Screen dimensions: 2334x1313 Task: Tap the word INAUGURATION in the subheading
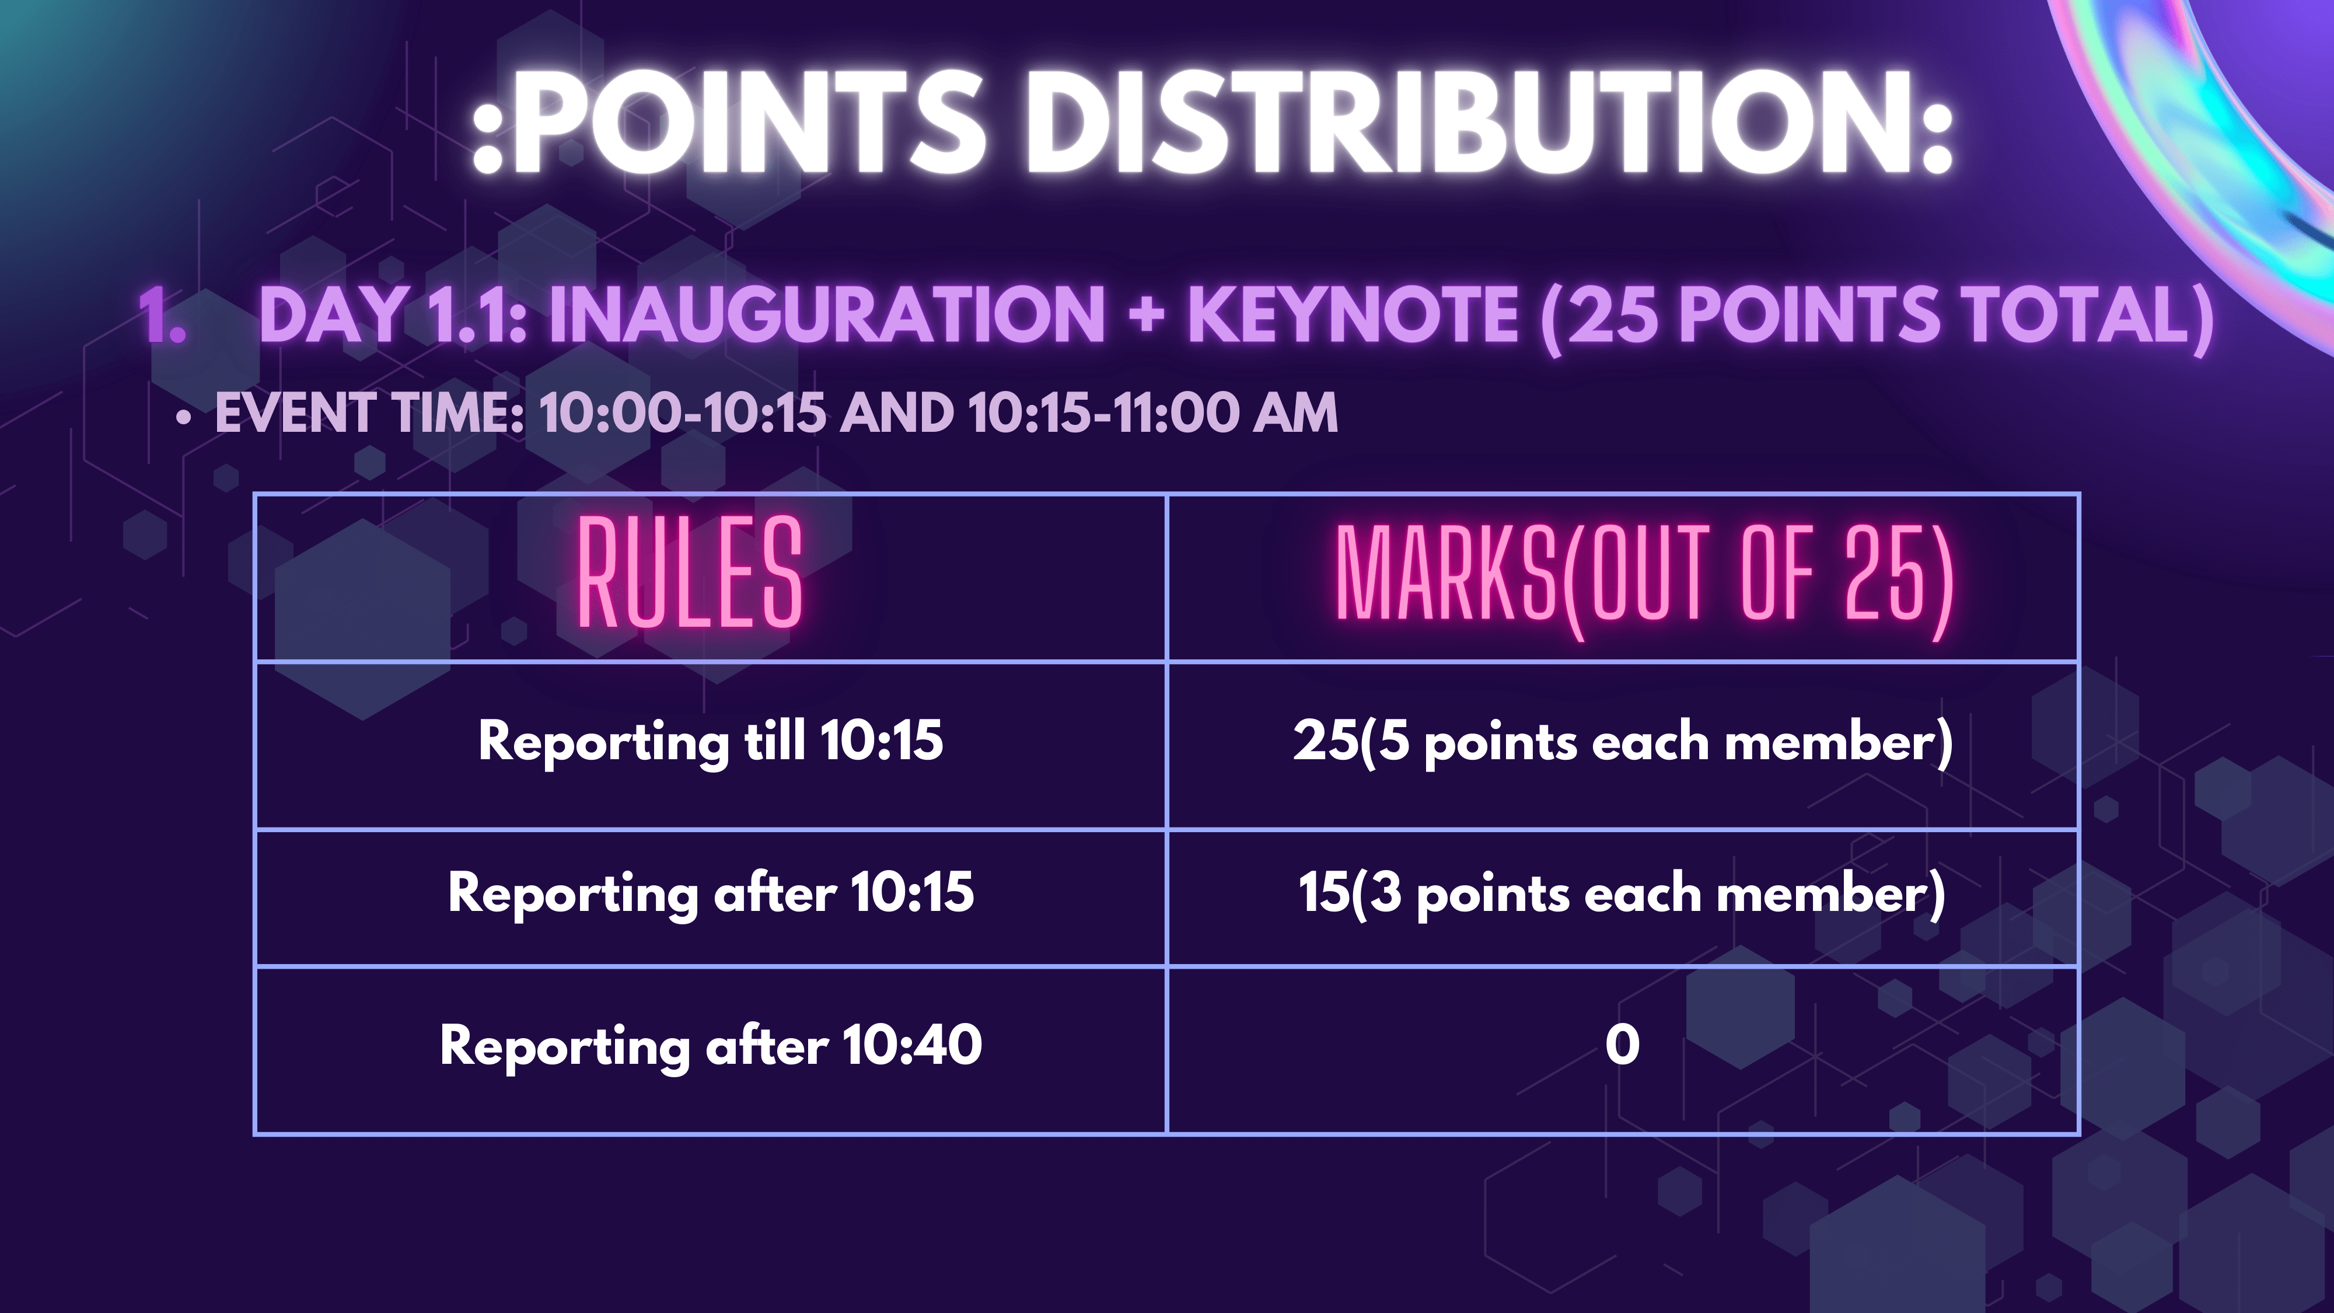click(826, 315)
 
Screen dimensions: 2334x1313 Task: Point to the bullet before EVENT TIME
click(185, 418)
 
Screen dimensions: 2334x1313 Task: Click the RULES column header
click(690, 572)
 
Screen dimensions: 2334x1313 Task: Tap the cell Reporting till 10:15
click(710, 741)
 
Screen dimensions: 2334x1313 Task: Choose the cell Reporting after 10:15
click(710, 893)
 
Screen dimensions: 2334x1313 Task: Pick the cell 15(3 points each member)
click(1622, 893)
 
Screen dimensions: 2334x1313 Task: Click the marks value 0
click(1622, 1045)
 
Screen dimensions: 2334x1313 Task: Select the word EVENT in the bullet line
click(295, 413)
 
